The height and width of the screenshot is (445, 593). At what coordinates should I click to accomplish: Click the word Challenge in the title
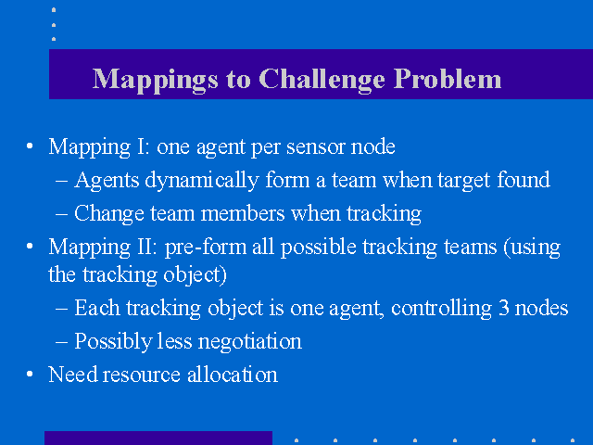click(322, 80)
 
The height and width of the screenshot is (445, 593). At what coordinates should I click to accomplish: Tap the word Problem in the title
click(448, 79)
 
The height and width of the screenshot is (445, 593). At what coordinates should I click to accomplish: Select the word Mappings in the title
click(156, 81)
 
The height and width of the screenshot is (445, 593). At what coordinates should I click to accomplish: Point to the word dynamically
click(202, 180)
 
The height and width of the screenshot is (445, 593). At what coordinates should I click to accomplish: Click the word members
click(243, 213)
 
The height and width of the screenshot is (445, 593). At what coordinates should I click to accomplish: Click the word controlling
click(441, 309)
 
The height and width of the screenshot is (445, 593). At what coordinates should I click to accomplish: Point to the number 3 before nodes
click(504, 308)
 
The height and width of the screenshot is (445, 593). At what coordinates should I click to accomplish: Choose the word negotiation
click(249, 342)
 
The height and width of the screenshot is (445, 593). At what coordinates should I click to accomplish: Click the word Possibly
click(113, 342)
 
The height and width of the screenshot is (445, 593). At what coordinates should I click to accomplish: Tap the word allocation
click(233, 375)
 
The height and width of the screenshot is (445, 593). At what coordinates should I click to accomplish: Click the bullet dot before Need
click(30, 375)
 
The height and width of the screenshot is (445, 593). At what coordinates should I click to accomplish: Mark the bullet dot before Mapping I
click(30, 146)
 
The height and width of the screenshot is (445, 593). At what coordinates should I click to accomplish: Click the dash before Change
click(62, 214)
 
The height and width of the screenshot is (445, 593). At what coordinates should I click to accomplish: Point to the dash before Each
click(62, 309)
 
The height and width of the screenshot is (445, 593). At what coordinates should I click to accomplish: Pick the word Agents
click(107, 181)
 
